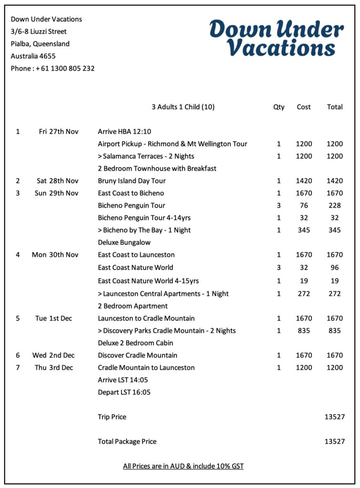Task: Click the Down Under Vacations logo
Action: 276,38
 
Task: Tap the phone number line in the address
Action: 53,68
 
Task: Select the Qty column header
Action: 279,107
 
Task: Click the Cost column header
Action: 304,107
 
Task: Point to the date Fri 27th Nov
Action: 59,132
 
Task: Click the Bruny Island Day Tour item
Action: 131,181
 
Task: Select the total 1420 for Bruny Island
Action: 335,181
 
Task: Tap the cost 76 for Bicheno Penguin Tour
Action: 304,205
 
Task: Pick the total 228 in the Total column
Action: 335,205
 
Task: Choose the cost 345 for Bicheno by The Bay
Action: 304,230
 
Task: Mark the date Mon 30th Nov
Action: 55,254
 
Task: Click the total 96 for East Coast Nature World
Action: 335,267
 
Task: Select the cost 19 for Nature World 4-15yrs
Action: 304,281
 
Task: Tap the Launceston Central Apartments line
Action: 163,294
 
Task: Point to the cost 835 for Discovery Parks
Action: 304,330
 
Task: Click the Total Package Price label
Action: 127,441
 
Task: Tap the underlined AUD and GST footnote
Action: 183,466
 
